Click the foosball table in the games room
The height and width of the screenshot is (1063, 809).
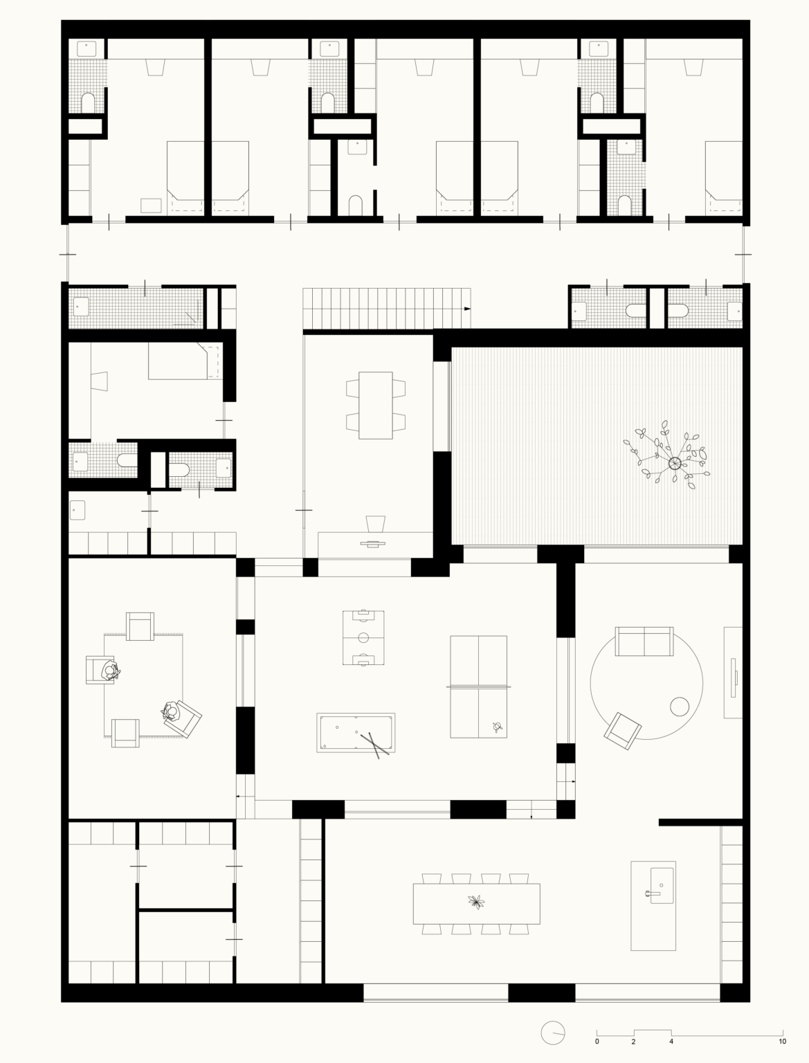click(363, 637)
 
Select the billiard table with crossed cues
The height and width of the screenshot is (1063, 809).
click(356, 732)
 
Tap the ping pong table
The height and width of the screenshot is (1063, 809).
click(478, 687)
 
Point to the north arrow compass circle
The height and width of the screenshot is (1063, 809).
click(553, 1033)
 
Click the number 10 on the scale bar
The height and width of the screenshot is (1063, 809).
click(783, 1042)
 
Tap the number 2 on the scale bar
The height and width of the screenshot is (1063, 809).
click(633, 1042)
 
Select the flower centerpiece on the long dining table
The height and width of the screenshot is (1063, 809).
click(477, 902)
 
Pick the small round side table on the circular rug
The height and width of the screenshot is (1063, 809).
click(680, 707)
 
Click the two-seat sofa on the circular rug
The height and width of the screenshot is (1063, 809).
click(644, 641)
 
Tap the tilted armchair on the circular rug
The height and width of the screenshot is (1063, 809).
click(623, 732)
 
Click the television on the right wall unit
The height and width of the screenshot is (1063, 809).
click(734, 678)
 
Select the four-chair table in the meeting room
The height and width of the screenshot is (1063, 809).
click(376, 406)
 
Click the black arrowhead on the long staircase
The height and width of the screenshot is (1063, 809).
click(467, 309)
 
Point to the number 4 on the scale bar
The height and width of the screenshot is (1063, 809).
click(671, 1042)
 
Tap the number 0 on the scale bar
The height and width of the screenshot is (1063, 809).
click(597, 1042)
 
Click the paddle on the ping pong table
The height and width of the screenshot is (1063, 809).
click(497, 727)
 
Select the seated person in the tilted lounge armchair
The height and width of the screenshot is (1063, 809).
click(170, 711)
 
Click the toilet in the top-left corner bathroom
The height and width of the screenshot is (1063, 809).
click(88, 102)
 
